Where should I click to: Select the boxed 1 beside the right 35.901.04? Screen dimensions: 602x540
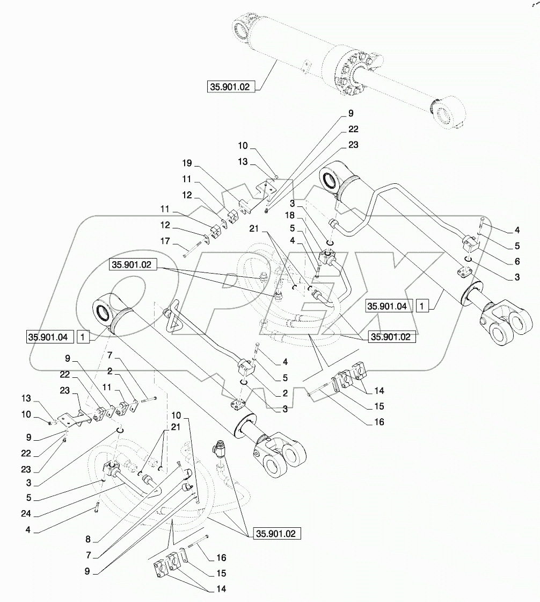pos(423,306)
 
